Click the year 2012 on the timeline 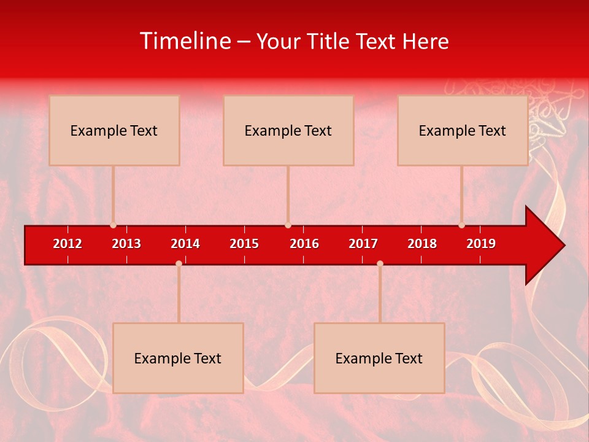click(x=67, y=244)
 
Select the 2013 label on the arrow click(x=126, y=244)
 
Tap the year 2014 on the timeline click(x=185, y=244)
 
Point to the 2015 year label click(x=244, y=244)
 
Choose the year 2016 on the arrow click(x=304, y=244)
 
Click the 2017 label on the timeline click(x=363, y=244)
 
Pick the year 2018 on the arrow click(x=422, y=244)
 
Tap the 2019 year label click(x=481, y=244)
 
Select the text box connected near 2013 click(x=114, y=130)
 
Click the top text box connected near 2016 click(x=288, y=130)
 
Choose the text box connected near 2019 click(x=463, y=130)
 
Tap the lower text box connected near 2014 click(x=178, y=358)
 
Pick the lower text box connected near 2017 click(x=379, y=358)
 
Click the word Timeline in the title click(x=185, y=41)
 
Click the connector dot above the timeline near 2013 click(x=113, y=225)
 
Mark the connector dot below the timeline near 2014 click(x=179, y=263)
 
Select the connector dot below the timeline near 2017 click(x=380, y=263)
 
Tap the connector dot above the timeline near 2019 click(x=461, y=225)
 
